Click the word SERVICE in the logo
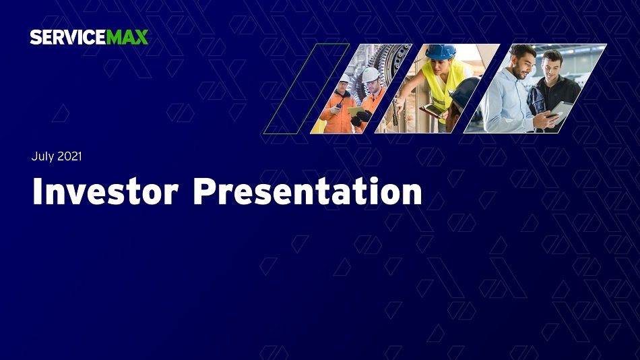[68, 37]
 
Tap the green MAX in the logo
[127, 37]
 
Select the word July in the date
[43, 156]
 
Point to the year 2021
[69, 156]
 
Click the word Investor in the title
[105, 191]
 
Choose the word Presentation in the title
[307, 191]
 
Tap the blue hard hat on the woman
[441, 51]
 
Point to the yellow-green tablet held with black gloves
[356, 111]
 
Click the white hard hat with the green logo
[371, 76]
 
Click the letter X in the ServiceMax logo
[141, 37]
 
